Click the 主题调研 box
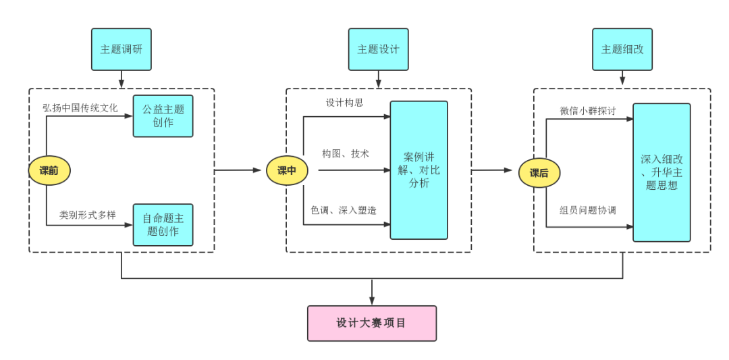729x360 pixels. (x=122, y=49)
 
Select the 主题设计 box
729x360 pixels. (x=378, y=49)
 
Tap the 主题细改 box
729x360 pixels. (x=622, y=49)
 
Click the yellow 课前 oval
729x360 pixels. (x=49, y=171)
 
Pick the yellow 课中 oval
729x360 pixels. (x=287, y=171)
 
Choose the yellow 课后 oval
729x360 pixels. (x=539, y=173)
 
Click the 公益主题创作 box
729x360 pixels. (x=163, y=116)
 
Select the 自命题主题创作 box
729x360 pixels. (x=163, y=225)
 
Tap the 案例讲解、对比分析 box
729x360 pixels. (x=418, y=170)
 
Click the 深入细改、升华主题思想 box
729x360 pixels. (x=661, y=172)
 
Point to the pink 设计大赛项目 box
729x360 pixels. (x=371, y=323)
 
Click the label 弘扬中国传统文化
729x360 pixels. (x=80, y=107)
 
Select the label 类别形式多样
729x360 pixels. (x=88, y=215)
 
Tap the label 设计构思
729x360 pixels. (x=345, y=103)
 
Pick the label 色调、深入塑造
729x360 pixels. (x=344, y=211)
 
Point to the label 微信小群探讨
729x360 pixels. (x=588, y=111)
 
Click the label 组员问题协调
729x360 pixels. (x=588, y=210)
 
